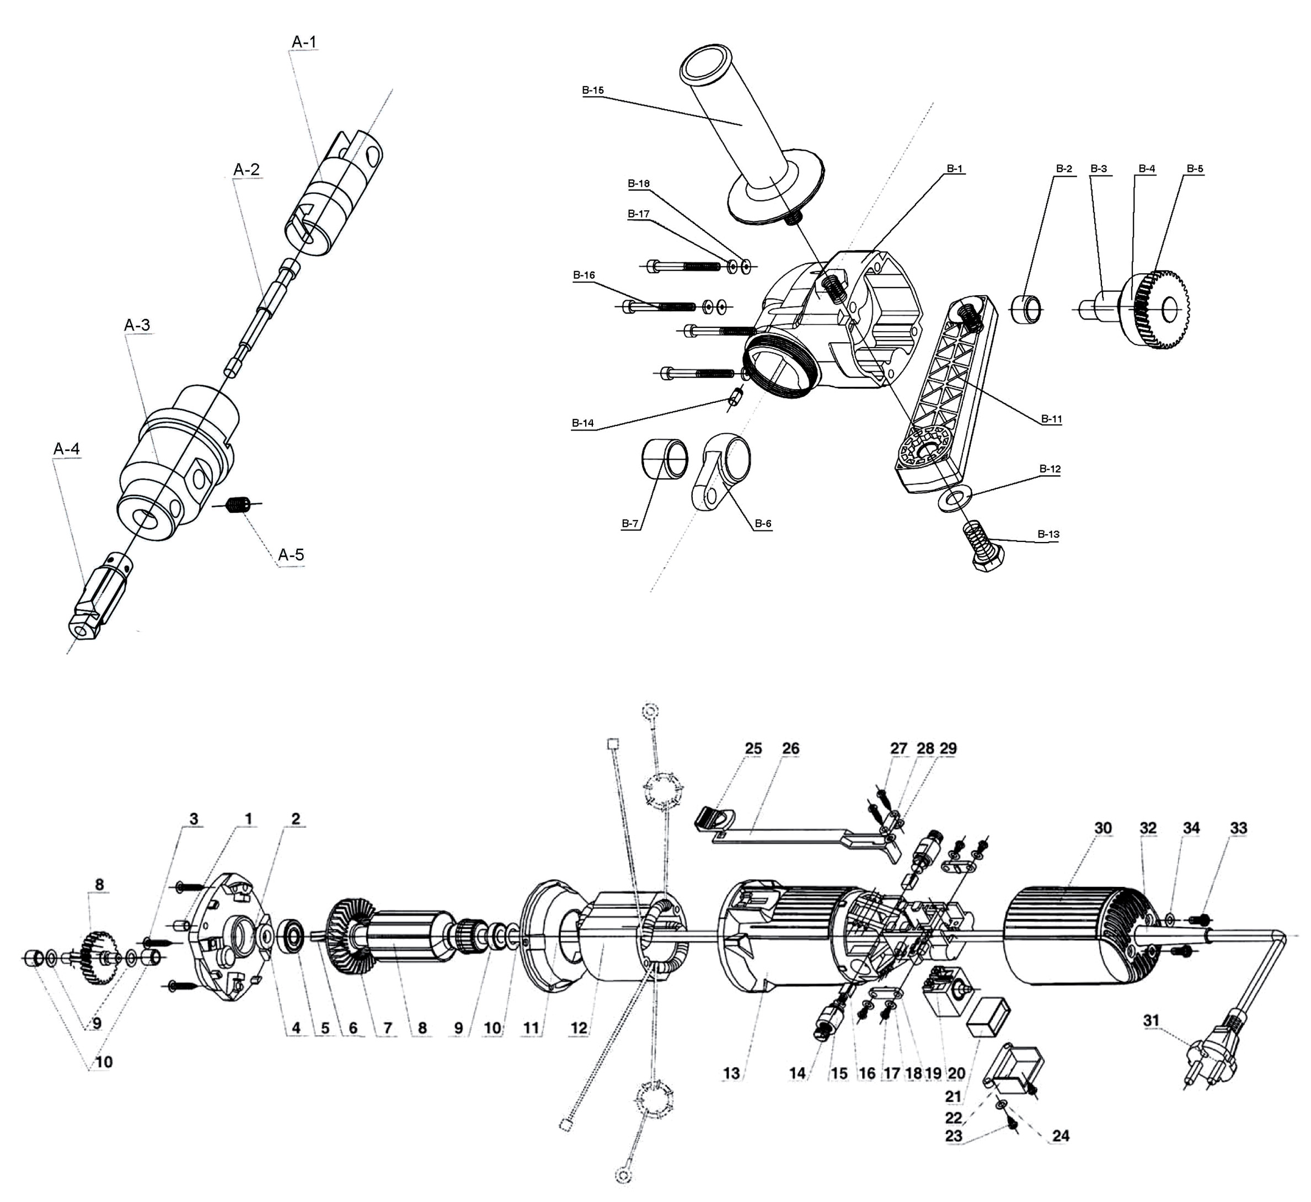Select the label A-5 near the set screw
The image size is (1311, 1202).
[291, 555]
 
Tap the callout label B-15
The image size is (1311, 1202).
[592, 91]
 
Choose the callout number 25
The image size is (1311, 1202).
[753, 748]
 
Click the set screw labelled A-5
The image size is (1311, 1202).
[239, 504]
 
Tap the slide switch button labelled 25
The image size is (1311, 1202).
[714, 817]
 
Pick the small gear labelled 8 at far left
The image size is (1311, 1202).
[98, 956]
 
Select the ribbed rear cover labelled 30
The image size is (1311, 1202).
[1073, 938]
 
